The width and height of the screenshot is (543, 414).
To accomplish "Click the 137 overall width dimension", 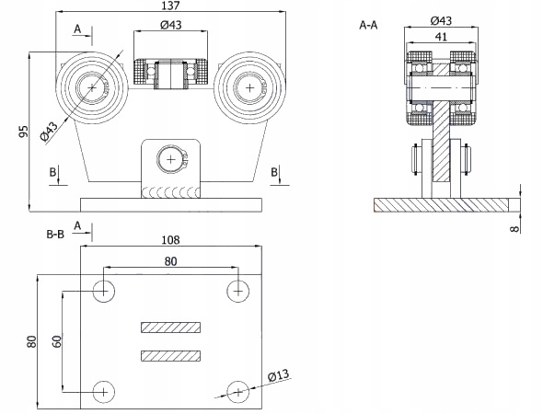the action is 171,6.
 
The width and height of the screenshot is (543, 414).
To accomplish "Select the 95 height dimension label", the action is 23,132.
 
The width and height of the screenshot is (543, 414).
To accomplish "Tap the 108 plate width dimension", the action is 171,240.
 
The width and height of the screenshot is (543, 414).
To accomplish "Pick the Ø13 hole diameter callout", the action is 278,375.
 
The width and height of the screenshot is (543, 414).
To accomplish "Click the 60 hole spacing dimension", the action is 57,341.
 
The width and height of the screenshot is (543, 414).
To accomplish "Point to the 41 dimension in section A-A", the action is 441,37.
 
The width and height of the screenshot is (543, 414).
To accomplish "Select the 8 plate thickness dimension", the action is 515,229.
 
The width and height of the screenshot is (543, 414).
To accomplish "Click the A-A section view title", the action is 368,25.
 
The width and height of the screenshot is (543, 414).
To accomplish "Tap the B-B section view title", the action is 55,235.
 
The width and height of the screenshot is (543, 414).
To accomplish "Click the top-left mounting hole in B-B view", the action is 104,292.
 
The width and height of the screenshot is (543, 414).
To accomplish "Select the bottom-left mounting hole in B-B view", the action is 104,392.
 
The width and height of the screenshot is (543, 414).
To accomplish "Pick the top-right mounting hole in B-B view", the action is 238,292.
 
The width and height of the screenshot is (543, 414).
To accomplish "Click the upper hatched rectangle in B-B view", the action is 171,328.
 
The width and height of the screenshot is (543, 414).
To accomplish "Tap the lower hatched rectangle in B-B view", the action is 171,356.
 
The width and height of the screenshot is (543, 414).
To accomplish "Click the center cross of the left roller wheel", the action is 92,88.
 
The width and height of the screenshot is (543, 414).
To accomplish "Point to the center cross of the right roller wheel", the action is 250,88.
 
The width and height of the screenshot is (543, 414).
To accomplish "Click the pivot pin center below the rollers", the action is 171,159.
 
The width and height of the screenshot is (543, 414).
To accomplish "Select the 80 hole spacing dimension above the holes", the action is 171,261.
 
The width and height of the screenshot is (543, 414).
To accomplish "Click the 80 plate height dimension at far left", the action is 31,341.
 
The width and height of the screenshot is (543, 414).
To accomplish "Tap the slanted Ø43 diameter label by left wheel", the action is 49,132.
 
